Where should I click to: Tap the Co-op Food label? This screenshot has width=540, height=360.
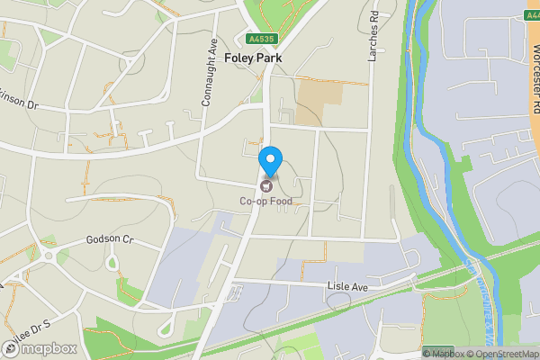click(265, 201)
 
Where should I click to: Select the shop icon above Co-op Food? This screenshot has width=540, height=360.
click(265, 186)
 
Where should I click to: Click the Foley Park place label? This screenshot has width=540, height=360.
click(252, 58)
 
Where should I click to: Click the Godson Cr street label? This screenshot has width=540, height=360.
click(109, 239)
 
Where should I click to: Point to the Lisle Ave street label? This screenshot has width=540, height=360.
click(347, 286)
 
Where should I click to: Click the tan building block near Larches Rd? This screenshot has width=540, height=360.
click(319, 102)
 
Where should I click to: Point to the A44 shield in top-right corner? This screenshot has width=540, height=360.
click(531, 15)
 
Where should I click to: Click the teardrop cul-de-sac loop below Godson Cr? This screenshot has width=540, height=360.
click(112, 264)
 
